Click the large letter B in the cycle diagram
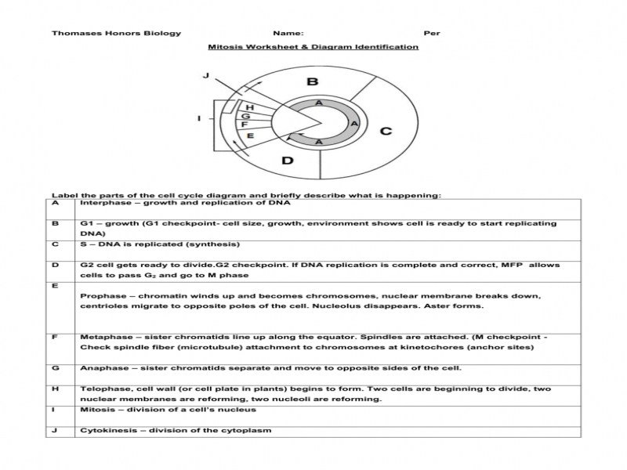point(312,82)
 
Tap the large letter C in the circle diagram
point(386,131)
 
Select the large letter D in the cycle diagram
point(288,161)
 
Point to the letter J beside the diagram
point(205,76)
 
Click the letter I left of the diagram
point(199,119)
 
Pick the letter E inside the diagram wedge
point(250,136)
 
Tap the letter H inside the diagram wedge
point(250,107)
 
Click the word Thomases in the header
point(74,33)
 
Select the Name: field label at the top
point(288,33)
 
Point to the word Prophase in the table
point(100,296)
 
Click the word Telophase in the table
point(102,389)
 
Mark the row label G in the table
point(56,367)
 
